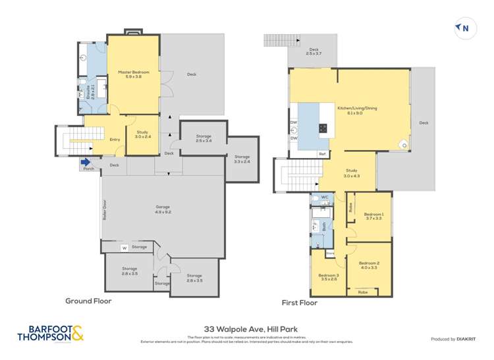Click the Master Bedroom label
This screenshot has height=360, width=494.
[x=134, y=74]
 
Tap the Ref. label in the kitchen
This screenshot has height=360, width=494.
[x=323, y=153]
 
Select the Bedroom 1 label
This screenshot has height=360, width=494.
[x=373, y=216]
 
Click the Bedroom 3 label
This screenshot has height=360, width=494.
[x=328, y=277]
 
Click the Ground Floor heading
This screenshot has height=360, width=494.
[x=88, y=301]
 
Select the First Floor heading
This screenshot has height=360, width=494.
[x=300, y=303]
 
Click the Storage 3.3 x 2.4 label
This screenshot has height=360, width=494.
[x=242, y=159]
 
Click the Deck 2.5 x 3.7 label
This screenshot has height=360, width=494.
[x=314, y=51]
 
